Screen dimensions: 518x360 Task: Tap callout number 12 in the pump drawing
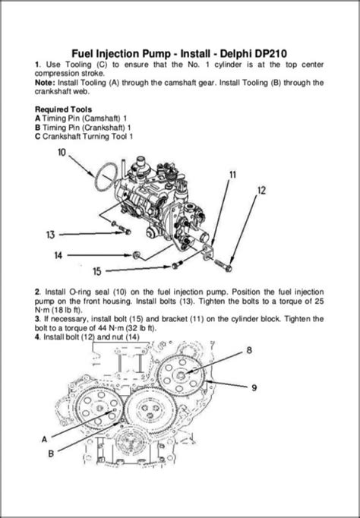[261, 191]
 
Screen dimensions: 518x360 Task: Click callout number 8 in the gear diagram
[248, 351]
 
